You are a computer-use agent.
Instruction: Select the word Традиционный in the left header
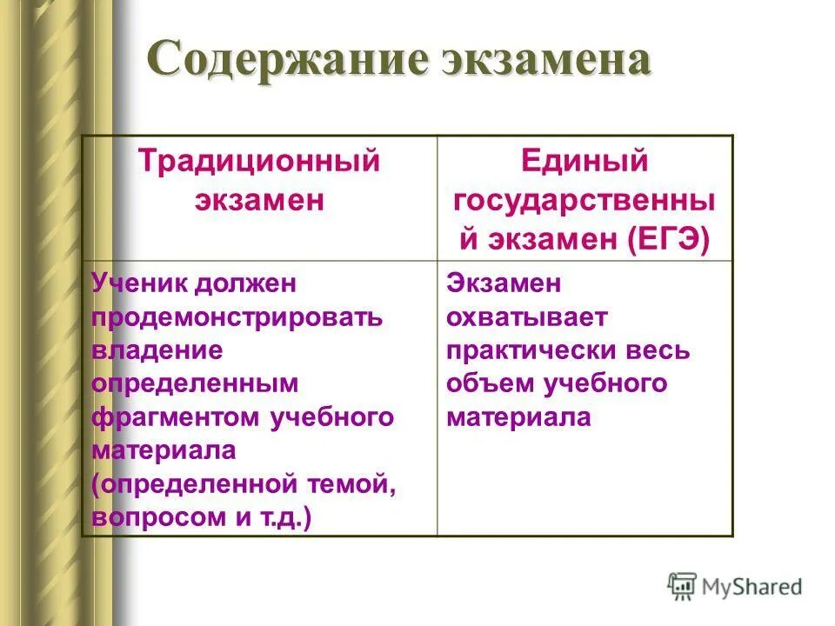261,163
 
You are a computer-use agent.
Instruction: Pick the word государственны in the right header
584,200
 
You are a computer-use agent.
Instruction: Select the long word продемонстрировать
237,316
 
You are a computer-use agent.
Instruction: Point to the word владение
157,350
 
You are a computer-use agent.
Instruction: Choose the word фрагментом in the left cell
175,416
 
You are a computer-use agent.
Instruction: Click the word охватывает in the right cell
526,316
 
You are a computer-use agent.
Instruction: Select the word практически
531,350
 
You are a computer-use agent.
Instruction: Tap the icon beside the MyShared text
682,586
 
